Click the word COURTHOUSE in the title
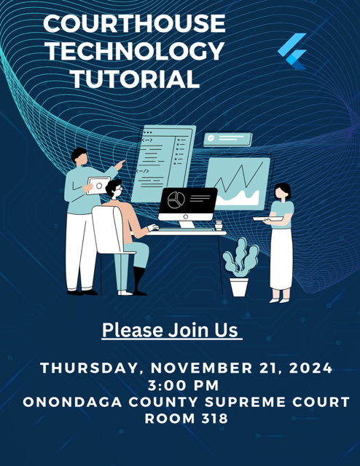click(x=134, y=23)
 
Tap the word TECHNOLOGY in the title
click(x=136, y=51)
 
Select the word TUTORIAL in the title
click(x=136, y=79)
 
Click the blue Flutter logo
click(x=292, y=52)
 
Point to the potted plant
click(x=240, y=267)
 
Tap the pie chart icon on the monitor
click(x=176, y=200)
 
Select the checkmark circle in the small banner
click(x=211, y=138)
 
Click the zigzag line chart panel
click(x=238, y=183)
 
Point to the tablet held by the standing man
click(x=98, y=186)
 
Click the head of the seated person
click(x=114, y=189)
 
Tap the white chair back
click(x=108, y=229)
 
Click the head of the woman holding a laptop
click(x=283, y=191)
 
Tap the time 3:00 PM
click(x=183, y=385)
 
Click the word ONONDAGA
click(x=73, y=403)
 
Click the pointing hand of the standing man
click(x=120, y=165)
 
